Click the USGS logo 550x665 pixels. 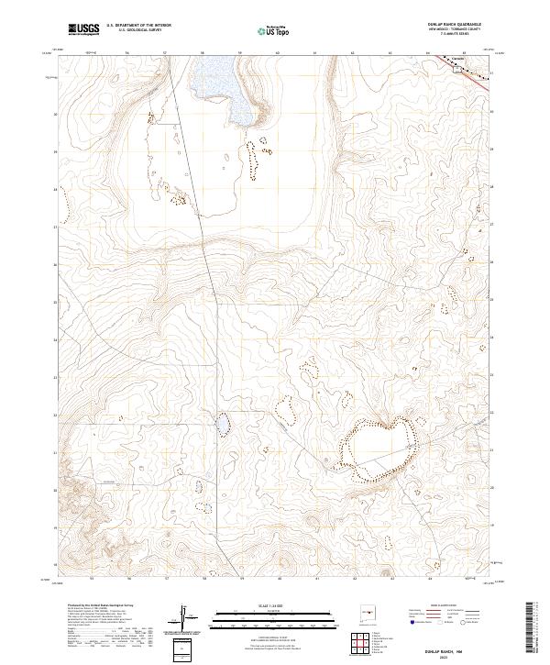point(84,29)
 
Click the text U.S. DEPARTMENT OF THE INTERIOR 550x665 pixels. point(138,26)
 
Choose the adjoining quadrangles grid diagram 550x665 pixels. point(363,642)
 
